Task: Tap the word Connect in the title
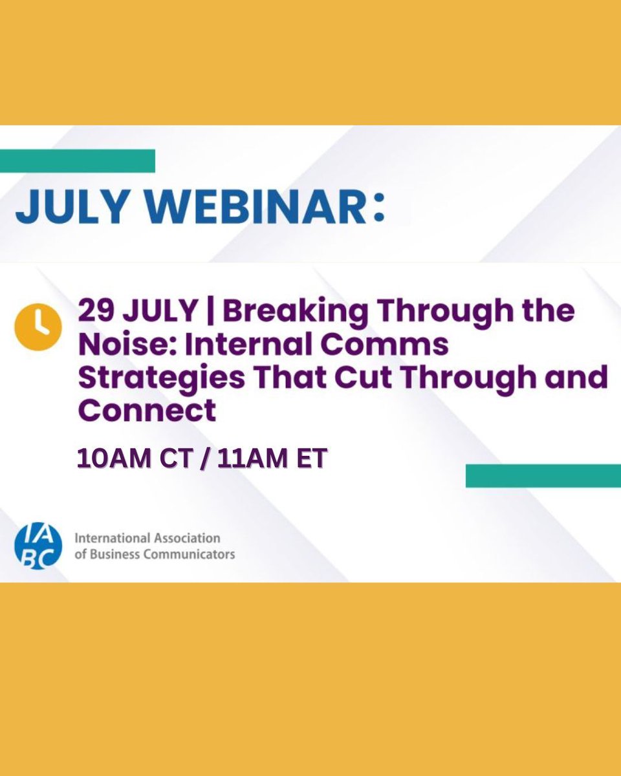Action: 147,410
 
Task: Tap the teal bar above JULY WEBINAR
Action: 78,161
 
